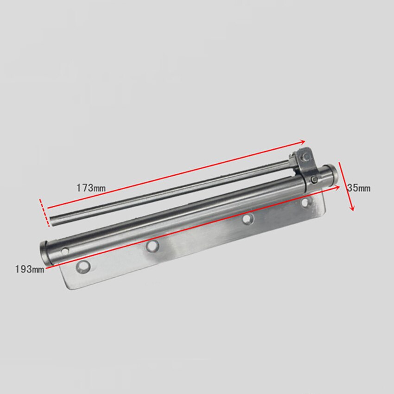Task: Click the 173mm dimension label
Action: [91, 188]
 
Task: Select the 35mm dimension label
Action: [358, 188]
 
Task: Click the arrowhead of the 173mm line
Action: [304, 141]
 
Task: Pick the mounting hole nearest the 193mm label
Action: [83, 267]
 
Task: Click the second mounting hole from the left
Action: [152, 247]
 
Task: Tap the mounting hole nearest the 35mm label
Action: [305, 202]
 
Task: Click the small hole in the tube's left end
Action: [64, 251]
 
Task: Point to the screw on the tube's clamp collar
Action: [315, 179]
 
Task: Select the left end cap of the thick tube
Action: [45, 251]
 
